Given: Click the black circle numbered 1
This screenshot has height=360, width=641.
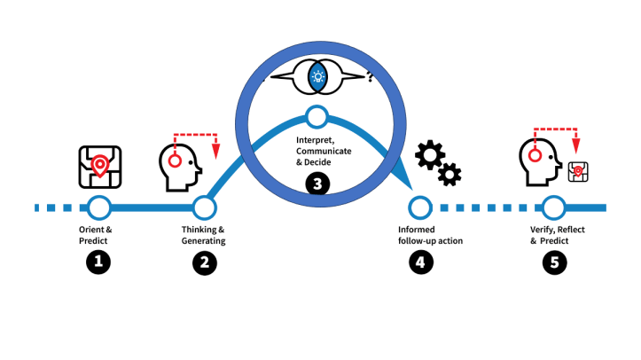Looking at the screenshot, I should click(98, 262).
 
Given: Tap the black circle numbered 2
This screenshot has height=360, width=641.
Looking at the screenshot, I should click(204, 262).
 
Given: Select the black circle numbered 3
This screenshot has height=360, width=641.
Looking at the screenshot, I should click(317, 184).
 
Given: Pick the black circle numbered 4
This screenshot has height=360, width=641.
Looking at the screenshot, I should click(418, 262).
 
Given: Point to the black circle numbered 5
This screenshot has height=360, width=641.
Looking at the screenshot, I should click(553, 262).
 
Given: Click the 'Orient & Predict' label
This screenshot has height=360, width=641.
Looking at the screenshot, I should click(96, 235).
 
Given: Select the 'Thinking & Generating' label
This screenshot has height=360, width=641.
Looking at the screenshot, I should click(204, 235).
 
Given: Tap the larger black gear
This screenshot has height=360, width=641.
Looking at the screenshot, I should click(431, 156).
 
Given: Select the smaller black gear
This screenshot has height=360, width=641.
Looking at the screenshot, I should click(450, 174).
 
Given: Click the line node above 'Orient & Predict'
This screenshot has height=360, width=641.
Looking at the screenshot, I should click(98, 208).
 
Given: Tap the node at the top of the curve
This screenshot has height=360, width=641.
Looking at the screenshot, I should click(317, 116).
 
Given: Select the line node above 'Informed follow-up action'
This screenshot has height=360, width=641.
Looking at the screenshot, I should click(418, 208).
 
